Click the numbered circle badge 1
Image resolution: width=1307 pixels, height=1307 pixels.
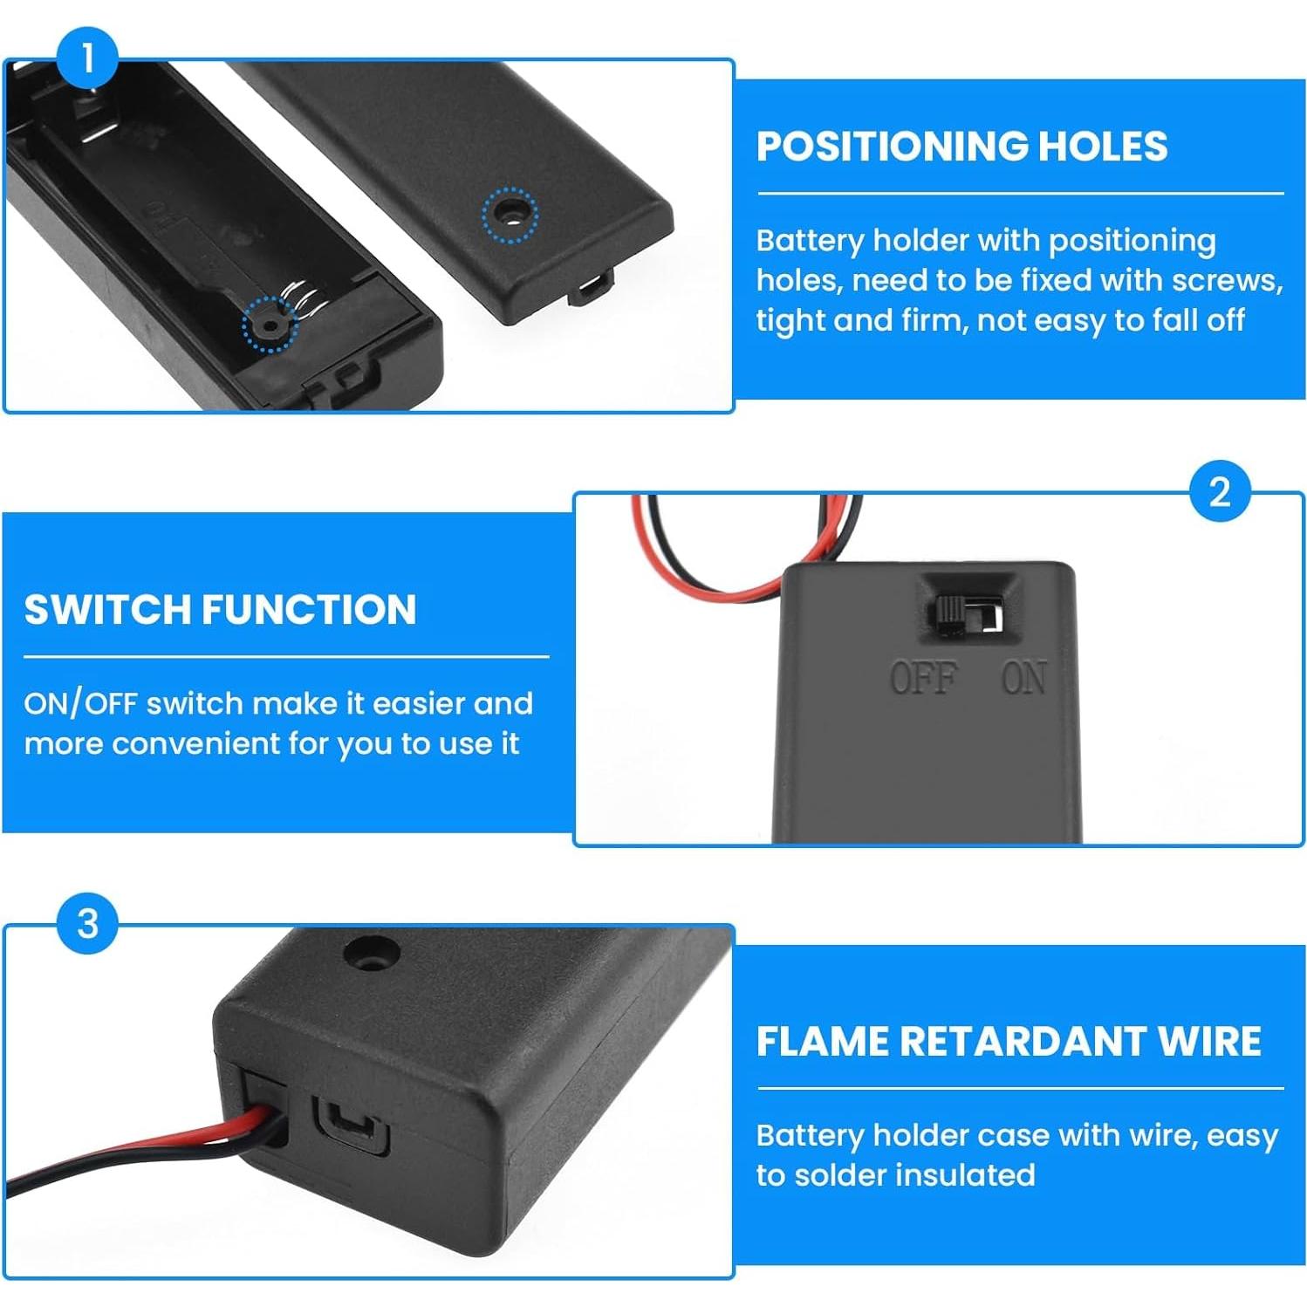(87, 58)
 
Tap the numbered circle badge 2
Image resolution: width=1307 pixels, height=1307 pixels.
(1220, 491)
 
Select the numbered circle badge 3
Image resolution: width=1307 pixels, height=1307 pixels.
(87, 923)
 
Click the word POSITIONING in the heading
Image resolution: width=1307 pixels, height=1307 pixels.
(892, 146)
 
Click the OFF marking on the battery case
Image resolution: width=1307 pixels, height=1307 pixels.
(923, 678)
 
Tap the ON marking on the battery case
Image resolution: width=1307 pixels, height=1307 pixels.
(1024, 678)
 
